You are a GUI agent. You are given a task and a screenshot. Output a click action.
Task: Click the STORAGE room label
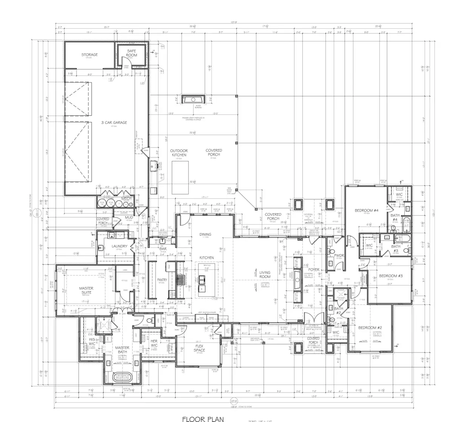89,55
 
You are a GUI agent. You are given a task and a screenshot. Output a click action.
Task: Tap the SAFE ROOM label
132,53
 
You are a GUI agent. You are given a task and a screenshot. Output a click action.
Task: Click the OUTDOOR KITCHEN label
179,153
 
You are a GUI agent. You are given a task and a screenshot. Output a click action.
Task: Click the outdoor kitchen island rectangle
180,172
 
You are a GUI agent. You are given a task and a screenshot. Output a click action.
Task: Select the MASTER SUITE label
86,291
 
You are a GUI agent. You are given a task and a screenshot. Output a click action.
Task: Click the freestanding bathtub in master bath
122,378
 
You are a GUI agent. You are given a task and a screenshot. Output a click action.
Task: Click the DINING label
205,234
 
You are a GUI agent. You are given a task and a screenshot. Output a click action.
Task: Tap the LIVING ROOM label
265,274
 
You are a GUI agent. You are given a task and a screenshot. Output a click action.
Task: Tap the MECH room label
126,199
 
